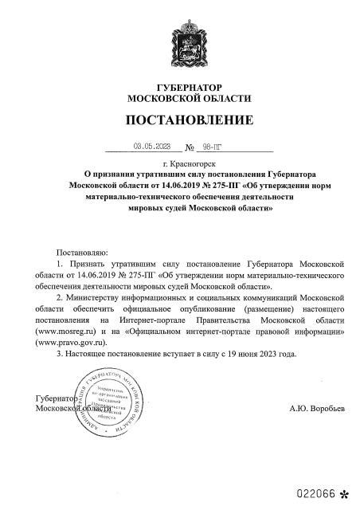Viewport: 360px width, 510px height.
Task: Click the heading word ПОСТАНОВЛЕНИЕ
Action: tap(189, 120)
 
